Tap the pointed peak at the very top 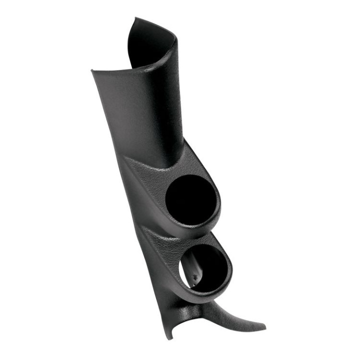click(x=134, y=18)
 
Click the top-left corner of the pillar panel click(x=92, y=71)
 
